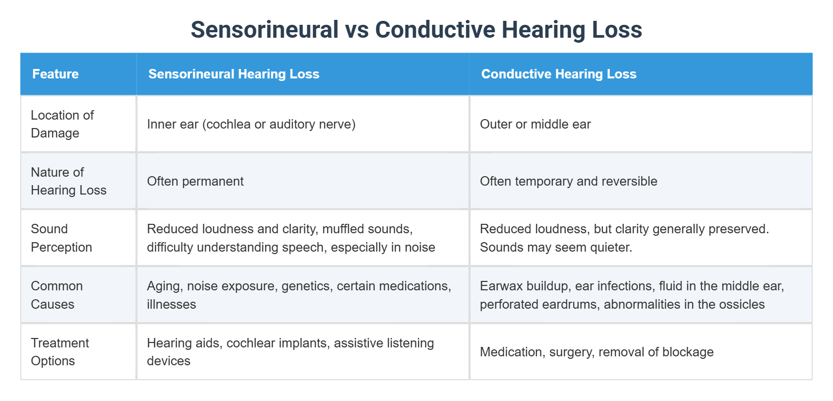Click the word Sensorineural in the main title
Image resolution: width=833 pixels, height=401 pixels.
pyautogui.click(x=265, y=30)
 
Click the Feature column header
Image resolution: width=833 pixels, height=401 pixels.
pyautogui.click(x=56, y=74)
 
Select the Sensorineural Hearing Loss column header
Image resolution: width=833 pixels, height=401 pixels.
pyautogui.click(x=234, y=74)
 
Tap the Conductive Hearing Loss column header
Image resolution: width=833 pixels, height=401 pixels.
pyautogui.click(x=559, y=74)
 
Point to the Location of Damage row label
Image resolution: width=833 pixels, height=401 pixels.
pyautogui.click(x=62, y=124)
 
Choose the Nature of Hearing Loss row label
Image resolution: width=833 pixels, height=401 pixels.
pyautogui.click(x=68, y=181)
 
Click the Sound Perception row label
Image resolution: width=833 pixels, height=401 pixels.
pyautogui.click(x=61, y=238)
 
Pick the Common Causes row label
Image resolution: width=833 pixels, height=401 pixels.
pyautogui.click(x=57, y=295)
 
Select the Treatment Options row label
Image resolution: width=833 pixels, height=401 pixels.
pyautogui.click(x=59, y=352)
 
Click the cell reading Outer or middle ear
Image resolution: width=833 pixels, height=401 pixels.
pyautogui.click(x=535, y=124)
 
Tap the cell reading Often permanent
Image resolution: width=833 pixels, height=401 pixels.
pyautogui.click(x=195, y=181)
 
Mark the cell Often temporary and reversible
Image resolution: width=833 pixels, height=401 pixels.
pyautogui.click(x=568, y=181)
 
